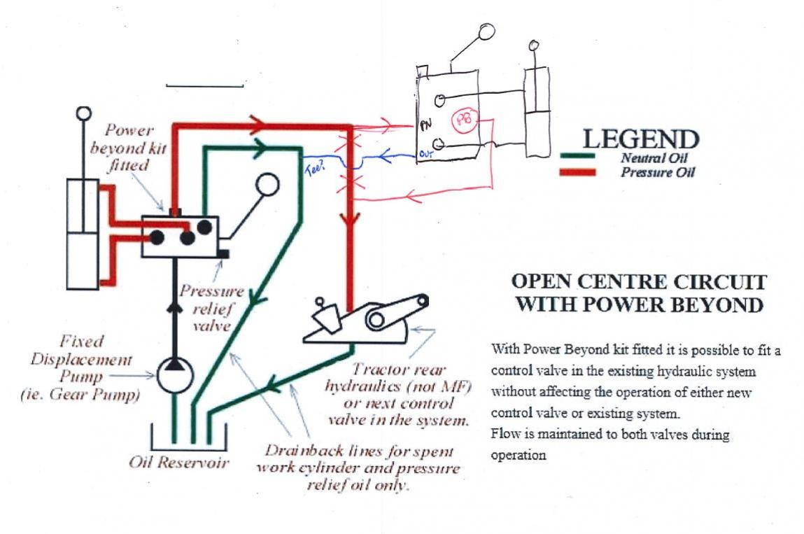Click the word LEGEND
tap(640, 139)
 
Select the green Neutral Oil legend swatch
tap(579, 157)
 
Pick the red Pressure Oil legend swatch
tap(579, 171)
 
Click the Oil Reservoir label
tap(179, 463)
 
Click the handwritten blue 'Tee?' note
tap(314, 167)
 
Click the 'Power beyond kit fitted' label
tap(135, 148)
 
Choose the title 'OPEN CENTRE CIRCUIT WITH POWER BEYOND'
tap(639, 293)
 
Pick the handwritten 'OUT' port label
tap(426, 153)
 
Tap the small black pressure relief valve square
tap(225, 252)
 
